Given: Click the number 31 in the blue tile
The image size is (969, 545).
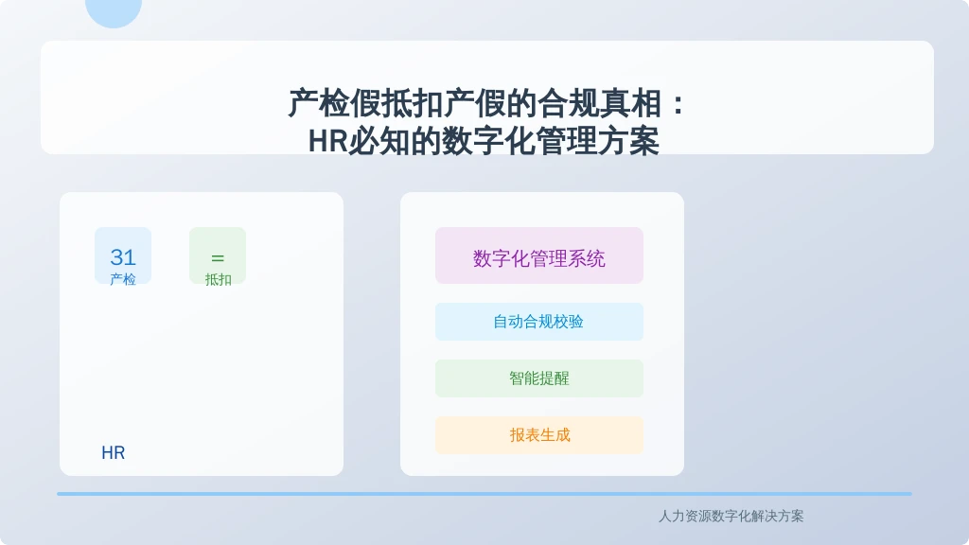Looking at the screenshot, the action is (x=123, y=257).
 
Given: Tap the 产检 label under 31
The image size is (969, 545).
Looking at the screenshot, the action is (x=123, y=279).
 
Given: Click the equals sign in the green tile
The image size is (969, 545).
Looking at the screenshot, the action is (x=218, y=257).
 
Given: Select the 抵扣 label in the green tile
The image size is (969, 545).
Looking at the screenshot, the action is (x=219, y=279).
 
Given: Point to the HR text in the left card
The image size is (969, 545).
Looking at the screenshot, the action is (x=114, y=453).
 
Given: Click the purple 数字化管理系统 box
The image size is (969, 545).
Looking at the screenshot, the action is (x=538, y=255).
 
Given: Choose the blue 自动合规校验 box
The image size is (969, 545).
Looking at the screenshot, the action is (x=538, y=322).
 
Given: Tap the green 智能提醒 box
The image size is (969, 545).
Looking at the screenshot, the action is (x=538, y=378).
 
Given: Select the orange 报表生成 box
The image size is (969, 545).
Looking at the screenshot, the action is (x=538, y=435).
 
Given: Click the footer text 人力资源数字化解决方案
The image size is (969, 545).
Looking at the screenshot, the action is (x=731, y=516).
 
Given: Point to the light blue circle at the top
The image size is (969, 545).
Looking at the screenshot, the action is (x=114, y=9).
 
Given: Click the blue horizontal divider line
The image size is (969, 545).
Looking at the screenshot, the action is (x=484, y=494).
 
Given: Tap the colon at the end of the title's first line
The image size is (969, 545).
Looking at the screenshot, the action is (x=678, y=104).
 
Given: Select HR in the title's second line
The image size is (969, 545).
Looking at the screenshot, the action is (x=327, y=142).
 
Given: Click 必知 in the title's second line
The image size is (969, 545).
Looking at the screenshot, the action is (x=379, y=142).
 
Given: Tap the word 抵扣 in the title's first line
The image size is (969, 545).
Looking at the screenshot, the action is (x=413, y=103).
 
